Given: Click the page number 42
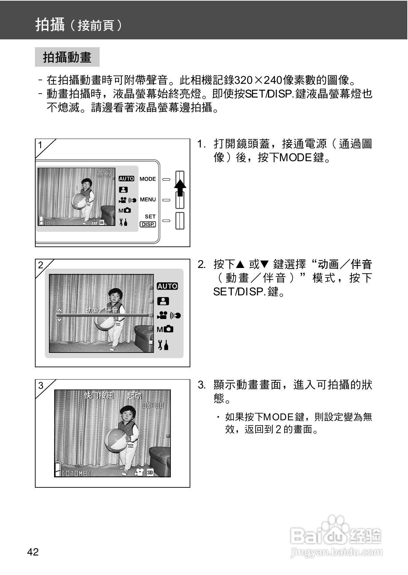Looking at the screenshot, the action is point(33,552).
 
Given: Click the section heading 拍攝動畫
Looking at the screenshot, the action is point(67,57).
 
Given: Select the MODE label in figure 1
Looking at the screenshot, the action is point(148,179).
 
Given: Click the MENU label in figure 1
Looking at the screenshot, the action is point(148,200).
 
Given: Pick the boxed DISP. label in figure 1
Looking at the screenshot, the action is point(148,224).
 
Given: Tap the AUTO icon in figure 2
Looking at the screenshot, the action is point(167,286).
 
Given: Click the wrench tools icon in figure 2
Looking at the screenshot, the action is point(163,345).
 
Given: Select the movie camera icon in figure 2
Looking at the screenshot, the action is point(162,315).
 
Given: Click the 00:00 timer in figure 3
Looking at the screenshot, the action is point(153,405).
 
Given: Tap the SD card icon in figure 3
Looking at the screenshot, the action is point(150,472).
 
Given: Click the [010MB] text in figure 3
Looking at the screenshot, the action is point(76,473).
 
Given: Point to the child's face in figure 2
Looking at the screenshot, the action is point(114,297).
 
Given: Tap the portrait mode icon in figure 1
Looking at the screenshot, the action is point(123,190).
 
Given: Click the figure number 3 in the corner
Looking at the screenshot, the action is point(41,385).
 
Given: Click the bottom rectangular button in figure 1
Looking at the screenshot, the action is point(180,221).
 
